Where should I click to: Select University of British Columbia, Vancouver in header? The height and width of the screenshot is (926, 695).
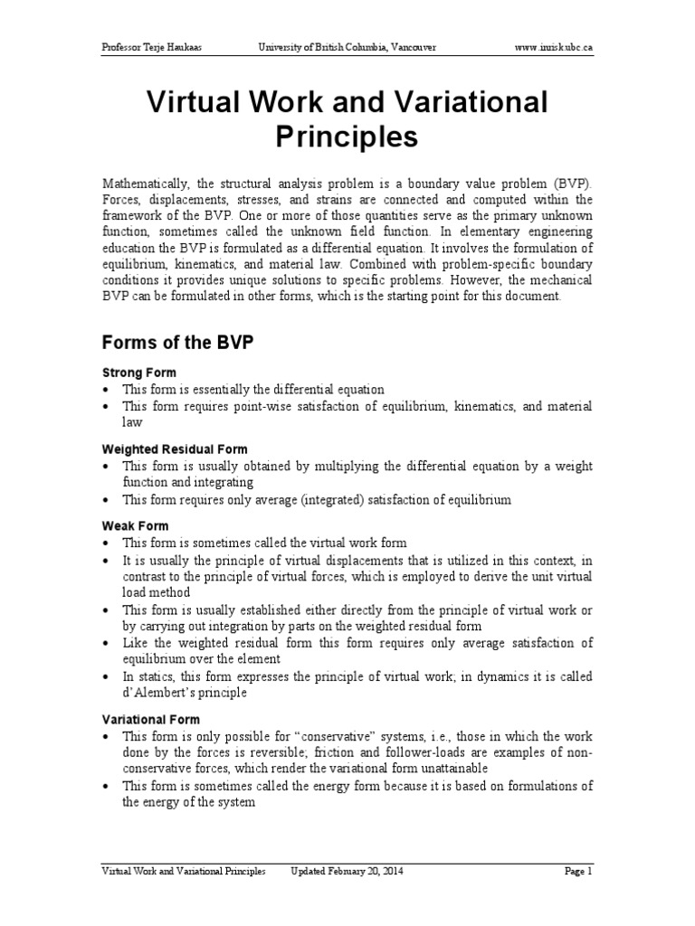coord(347,46)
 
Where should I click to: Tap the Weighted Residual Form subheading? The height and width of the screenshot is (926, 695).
coord(174,449)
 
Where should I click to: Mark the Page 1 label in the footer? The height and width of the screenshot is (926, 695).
coord(577,872)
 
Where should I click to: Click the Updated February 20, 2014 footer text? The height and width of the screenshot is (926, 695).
coord(347,872)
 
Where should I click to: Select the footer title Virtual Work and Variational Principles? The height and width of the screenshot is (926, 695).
coord(184,872)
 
